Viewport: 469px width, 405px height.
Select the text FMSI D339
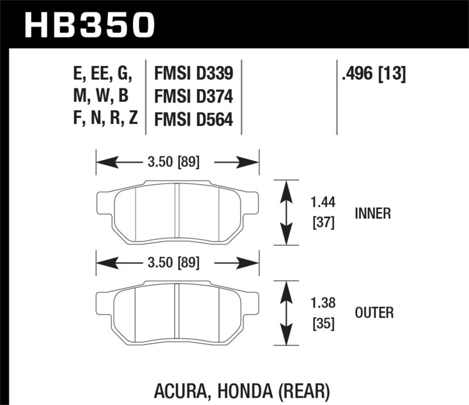coord(193,74)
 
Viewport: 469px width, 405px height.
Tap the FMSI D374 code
coord(193,97)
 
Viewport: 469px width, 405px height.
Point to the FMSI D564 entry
coord(193,120)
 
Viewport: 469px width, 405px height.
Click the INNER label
coord(372,213)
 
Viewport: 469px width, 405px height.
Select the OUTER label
coord(373,313)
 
